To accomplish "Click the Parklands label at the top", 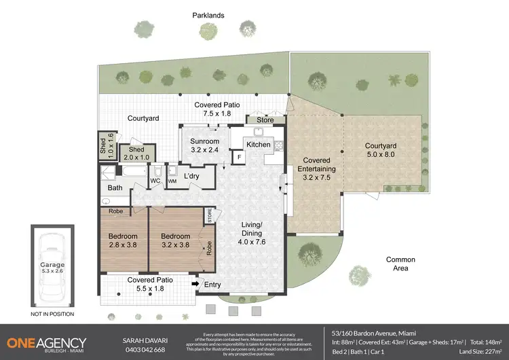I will pos(209,15).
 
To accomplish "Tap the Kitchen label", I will pos(258,145).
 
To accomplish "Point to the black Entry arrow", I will pos(196,284).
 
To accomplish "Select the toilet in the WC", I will pos(156,171).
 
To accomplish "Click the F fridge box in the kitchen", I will pos(238,158).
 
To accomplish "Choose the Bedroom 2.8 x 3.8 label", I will pos(123,241).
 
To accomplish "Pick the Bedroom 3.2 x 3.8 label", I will pos(174,241).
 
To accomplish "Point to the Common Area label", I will pos(400,264).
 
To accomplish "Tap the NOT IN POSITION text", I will pos(52,314).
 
